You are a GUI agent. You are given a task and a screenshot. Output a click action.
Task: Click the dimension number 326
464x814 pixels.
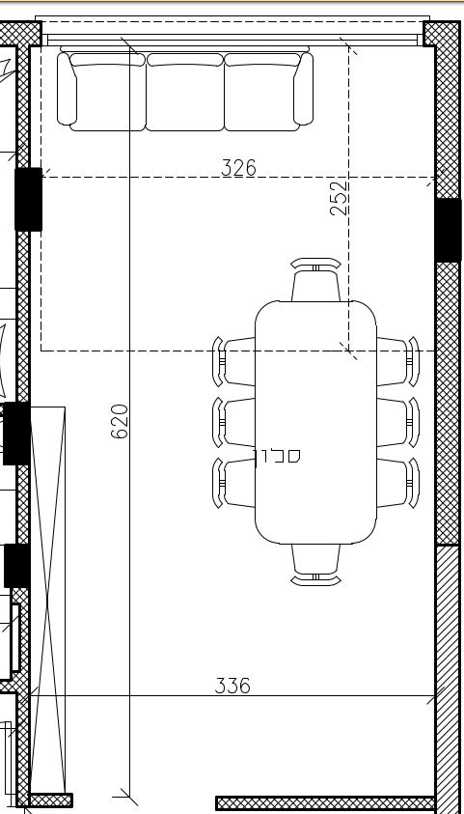tap(238, 168)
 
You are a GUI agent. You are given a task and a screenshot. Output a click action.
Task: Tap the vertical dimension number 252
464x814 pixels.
tap(339, 198)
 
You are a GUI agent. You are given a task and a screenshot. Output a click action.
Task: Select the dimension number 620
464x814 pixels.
tap(121, 421)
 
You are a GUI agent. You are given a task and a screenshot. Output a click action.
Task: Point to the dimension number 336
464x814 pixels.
tap(232, 686)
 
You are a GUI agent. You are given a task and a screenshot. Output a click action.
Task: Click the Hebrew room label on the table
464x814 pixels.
tap(277, 456)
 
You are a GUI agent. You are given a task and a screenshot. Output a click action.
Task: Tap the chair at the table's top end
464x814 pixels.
tap(315, 281)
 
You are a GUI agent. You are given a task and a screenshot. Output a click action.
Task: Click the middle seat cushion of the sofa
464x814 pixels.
tap(184, 95)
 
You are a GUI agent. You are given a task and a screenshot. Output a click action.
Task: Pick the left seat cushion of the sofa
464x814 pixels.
tap(108, 95)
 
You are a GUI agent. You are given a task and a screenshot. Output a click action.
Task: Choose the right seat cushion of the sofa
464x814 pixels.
tap(261, 95)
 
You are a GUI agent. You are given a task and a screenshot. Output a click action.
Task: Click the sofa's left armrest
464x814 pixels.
tap(66, 88)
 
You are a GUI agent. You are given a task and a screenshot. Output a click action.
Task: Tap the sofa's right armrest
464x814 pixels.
tap(304, 88)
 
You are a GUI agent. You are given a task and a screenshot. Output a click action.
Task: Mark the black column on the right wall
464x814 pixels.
tap(449, 230)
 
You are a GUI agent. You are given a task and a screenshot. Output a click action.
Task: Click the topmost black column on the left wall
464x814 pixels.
tap(28, 199)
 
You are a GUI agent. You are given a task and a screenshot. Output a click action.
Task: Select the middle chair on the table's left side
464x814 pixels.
tap(234, 422)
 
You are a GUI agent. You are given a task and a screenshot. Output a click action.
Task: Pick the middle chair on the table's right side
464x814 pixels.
tap(396, 422)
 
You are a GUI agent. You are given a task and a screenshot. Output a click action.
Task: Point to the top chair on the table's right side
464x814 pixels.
tap(396, 361)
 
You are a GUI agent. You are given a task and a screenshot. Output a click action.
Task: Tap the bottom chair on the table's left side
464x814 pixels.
tap(234, 483)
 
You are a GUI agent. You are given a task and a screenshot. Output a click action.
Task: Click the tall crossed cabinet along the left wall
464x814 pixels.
tap(47, 599)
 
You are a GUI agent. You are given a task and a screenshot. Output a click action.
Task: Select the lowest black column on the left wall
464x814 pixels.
tap(16, 565)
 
